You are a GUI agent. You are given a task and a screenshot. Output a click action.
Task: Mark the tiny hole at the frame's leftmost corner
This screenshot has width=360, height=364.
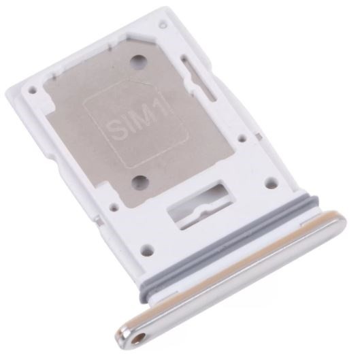point(32,89)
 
